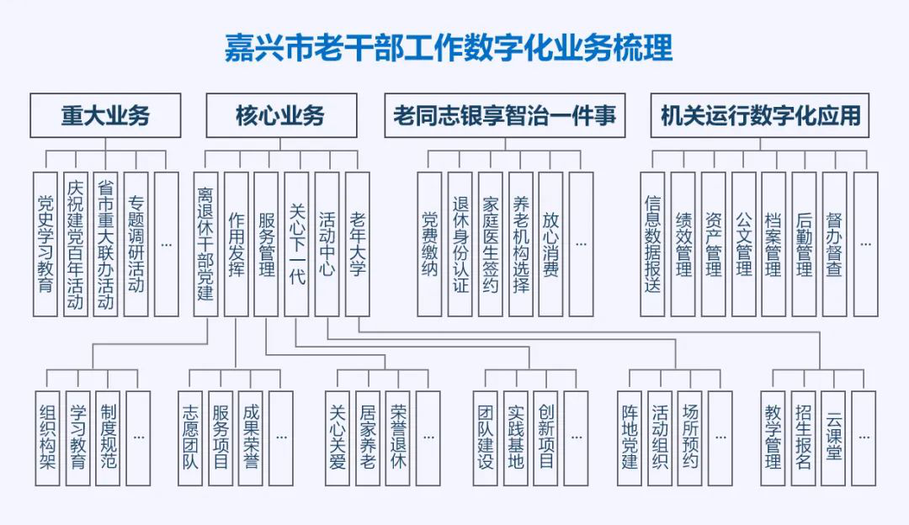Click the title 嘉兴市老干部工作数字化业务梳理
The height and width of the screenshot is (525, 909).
[448, 47]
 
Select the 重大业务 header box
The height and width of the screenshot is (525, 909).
[105, 115]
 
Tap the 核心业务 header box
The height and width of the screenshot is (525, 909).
[280, 115]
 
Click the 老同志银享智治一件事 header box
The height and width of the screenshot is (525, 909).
[504, 115]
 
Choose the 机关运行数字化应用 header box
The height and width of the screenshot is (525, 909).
[760, 115]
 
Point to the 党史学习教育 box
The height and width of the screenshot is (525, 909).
[45, 244]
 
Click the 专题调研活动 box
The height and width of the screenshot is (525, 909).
[136, 244]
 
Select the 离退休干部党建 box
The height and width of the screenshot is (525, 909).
[205, 244]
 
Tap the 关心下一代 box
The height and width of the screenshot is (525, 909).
[296, 244]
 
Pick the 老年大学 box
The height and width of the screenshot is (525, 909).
[358, 244]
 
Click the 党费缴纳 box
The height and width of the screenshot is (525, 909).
[430, 244]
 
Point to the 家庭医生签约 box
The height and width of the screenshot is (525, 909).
[491, 244]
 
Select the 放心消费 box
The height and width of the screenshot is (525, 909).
[550, 244]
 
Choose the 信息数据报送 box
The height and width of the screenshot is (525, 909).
[652, 244]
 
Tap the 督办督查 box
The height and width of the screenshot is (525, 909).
[834, 244]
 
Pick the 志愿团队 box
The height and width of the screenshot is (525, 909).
[190, 437]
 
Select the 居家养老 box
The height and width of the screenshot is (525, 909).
[368, 437]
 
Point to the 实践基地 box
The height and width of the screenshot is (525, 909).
[515, 437]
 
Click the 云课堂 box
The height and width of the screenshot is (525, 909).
[833, 437]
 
